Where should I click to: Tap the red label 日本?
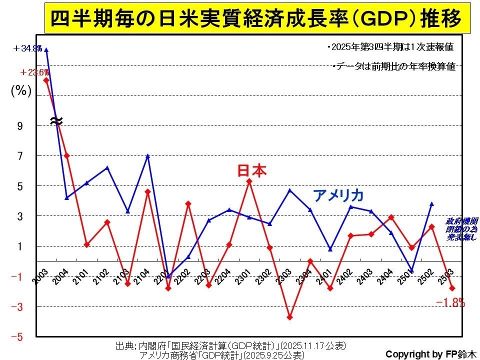click(251, 171)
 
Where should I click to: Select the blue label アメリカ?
click(338, 195)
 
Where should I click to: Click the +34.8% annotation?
click(28, 48)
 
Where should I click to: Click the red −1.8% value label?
click(450, 302)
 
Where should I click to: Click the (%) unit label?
click(21, 91)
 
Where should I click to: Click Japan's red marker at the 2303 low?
click(290, 317)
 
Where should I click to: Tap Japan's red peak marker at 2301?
click(249, 181)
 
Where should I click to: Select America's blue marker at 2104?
click(148, 156)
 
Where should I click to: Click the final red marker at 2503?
click(452, 288)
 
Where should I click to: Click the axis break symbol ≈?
click(56, 120)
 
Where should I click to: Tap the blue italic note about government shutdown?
click(461, 229)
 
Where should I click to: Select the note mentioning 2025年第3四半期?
click(390, 47)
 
